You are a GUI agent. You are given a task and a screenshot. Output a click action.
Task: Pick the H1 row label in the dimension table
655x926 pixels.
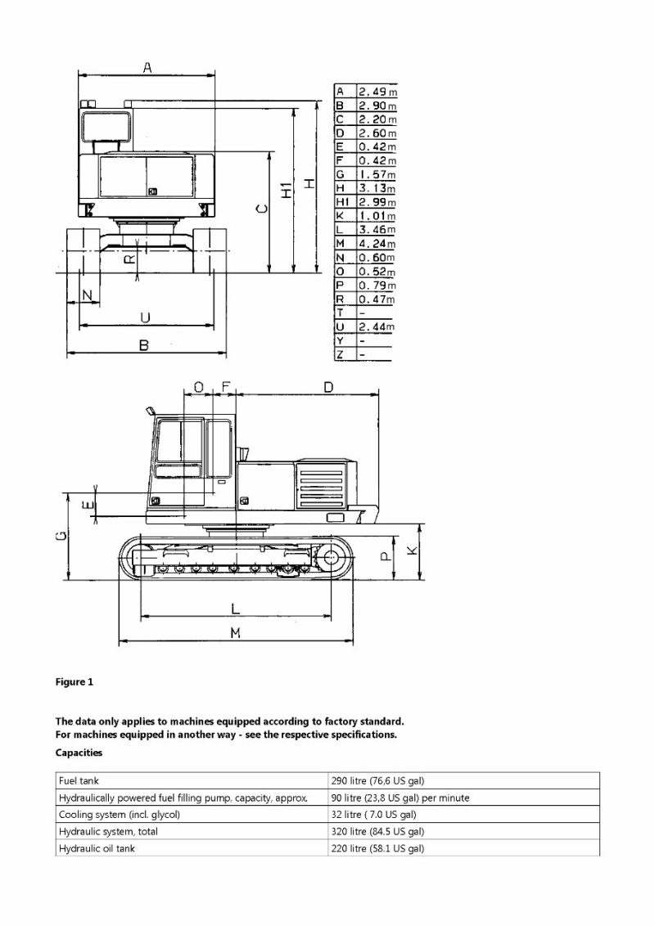click(x=343, y=202)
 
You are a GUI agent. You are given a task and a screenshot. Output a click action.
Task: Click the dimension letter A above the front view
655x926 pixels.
click(x=147, y=68)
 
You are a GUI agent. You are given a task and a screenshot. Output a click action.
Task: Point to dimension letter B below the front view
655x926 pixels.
click(x=144, y=346)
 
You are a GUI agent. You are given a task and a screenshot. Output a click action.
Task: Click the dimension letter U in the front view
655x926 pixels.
click(x=145, y=317)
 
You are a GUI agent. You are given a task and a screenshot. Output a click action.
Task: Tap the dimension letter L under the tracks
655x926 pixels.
click(x=235, y=609)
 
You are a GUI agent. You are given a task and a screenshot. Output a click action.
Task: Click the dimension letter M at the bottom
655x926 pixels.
click(x=235, y=633)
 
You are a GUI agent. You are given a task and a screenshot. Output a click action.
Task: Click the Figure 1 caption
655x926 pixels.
click(x=75, y=682)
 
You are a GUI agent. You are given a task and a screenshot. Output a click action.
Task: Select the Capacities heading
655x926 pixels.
click(x=79, y=752)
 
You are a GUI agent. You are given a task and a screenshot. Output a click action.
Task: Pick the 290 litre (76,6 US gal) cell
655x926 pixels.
click(x=377, y=780)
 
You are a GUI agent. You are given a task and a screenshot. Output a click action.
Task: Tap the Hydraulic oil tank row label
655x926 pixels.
click(x=97, y=848)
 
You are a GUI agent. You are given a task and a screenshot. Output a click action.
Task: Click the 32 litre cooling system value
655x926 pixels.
click(x=373, y=815)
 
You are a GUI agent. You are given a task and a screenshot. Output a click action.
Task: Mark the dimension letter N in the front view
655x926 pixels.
click(x=87, y=293)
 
